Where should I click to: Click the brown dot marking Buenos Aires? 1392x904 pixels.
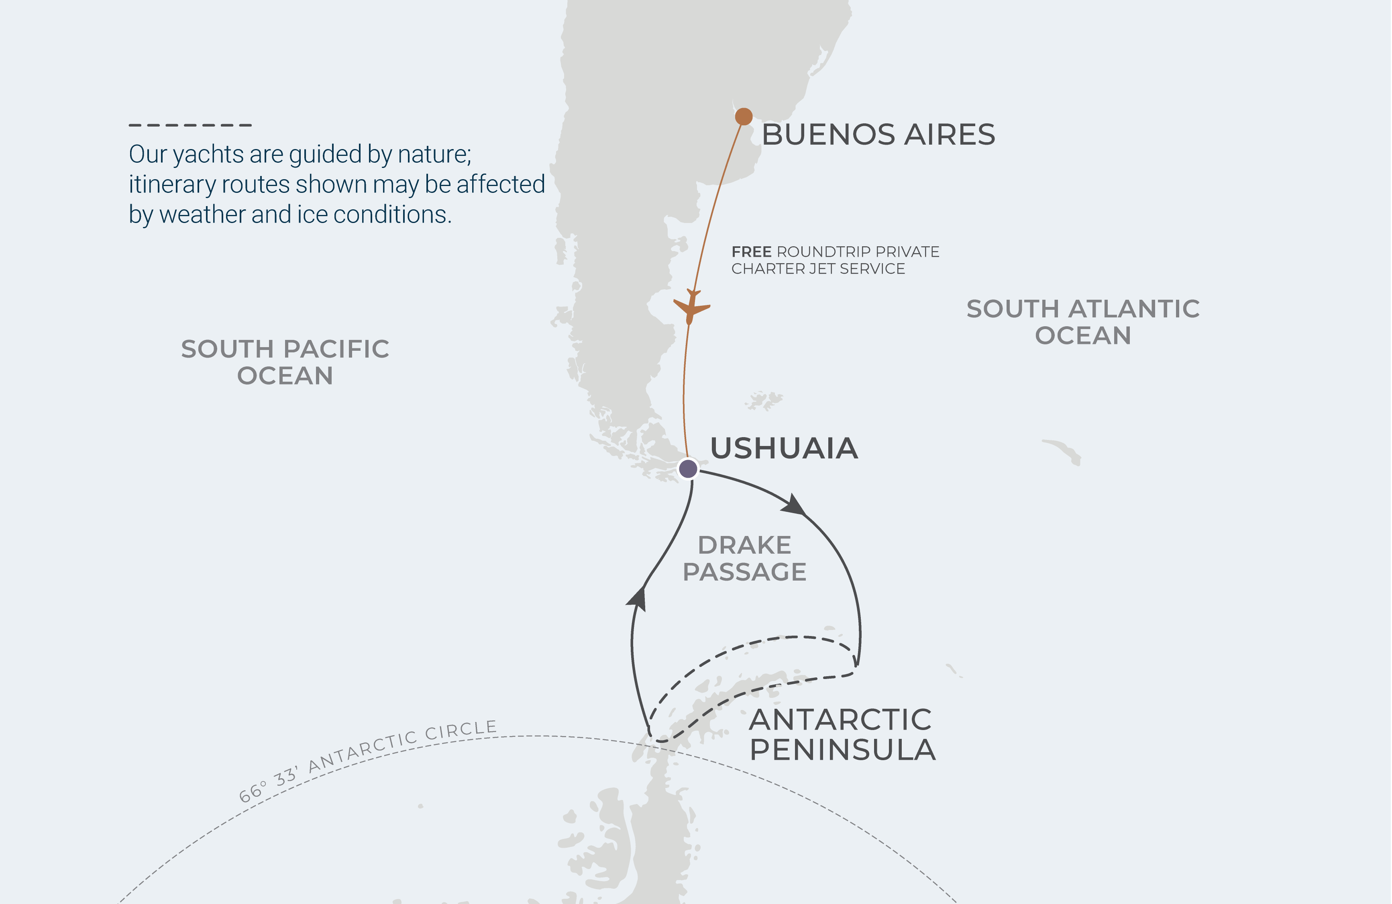[743, 117]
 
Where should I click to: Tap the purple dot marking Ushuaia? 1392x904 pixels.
[688, 468]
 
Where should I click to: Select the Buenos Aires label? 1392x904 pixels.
[878, 135]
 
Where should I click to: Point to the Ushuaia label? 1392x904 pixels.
[784, 448]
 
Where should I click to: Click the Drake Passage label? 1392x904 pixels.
[744, 558]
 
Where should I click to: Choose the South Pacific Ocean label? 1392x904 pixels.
[285, 362]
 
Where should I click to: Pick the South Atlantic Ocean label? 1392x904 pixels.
[1082, 322]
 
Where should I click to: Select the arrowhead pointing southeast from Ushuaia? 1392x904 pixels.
[794, 505]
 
